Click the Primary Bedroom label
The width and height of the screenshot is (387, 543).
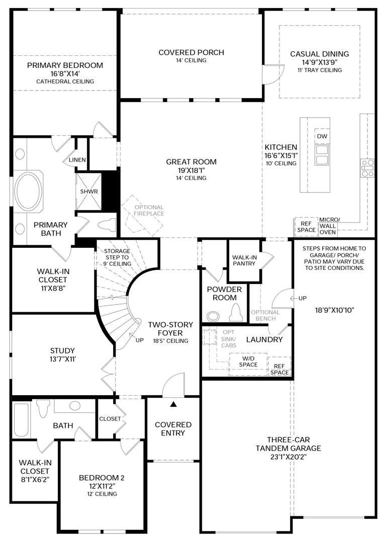(x=65, y=65)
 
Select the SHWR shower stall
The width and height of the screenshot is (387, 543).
(x=88, y=192)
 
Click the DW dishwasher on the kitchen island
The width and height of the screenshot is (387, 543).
(x=322, y=136)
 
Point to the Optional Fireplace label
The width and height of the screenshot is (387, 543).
(x=149, y=210)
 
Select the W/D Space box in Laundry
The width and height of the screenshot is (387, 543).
(x=248, y=361)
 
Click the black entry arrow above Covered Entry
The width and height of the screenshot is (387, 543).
(x=173, y=403)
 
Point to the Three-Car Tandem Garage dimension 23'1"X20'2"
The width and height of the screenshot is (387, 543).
(x=288, y=457)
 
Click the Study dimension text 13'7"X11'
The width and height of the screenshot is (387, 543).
(x=62, y=359)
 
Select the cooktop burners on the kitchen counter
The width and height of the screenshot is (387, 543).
(x=367, y=168)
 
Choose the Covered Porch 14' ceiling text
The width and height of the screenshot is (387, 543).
(x=191, y=60)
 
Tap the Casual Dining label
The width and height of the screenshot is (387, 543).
(x=319, y=54)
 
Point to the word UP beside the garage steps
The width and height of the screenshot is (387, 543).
(x=302, y=298)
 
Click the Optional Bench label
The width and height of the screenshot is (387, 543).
(x=265, y=315)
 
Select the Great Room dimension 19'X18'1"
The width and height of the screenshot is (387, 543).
(x=191, y=170)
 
